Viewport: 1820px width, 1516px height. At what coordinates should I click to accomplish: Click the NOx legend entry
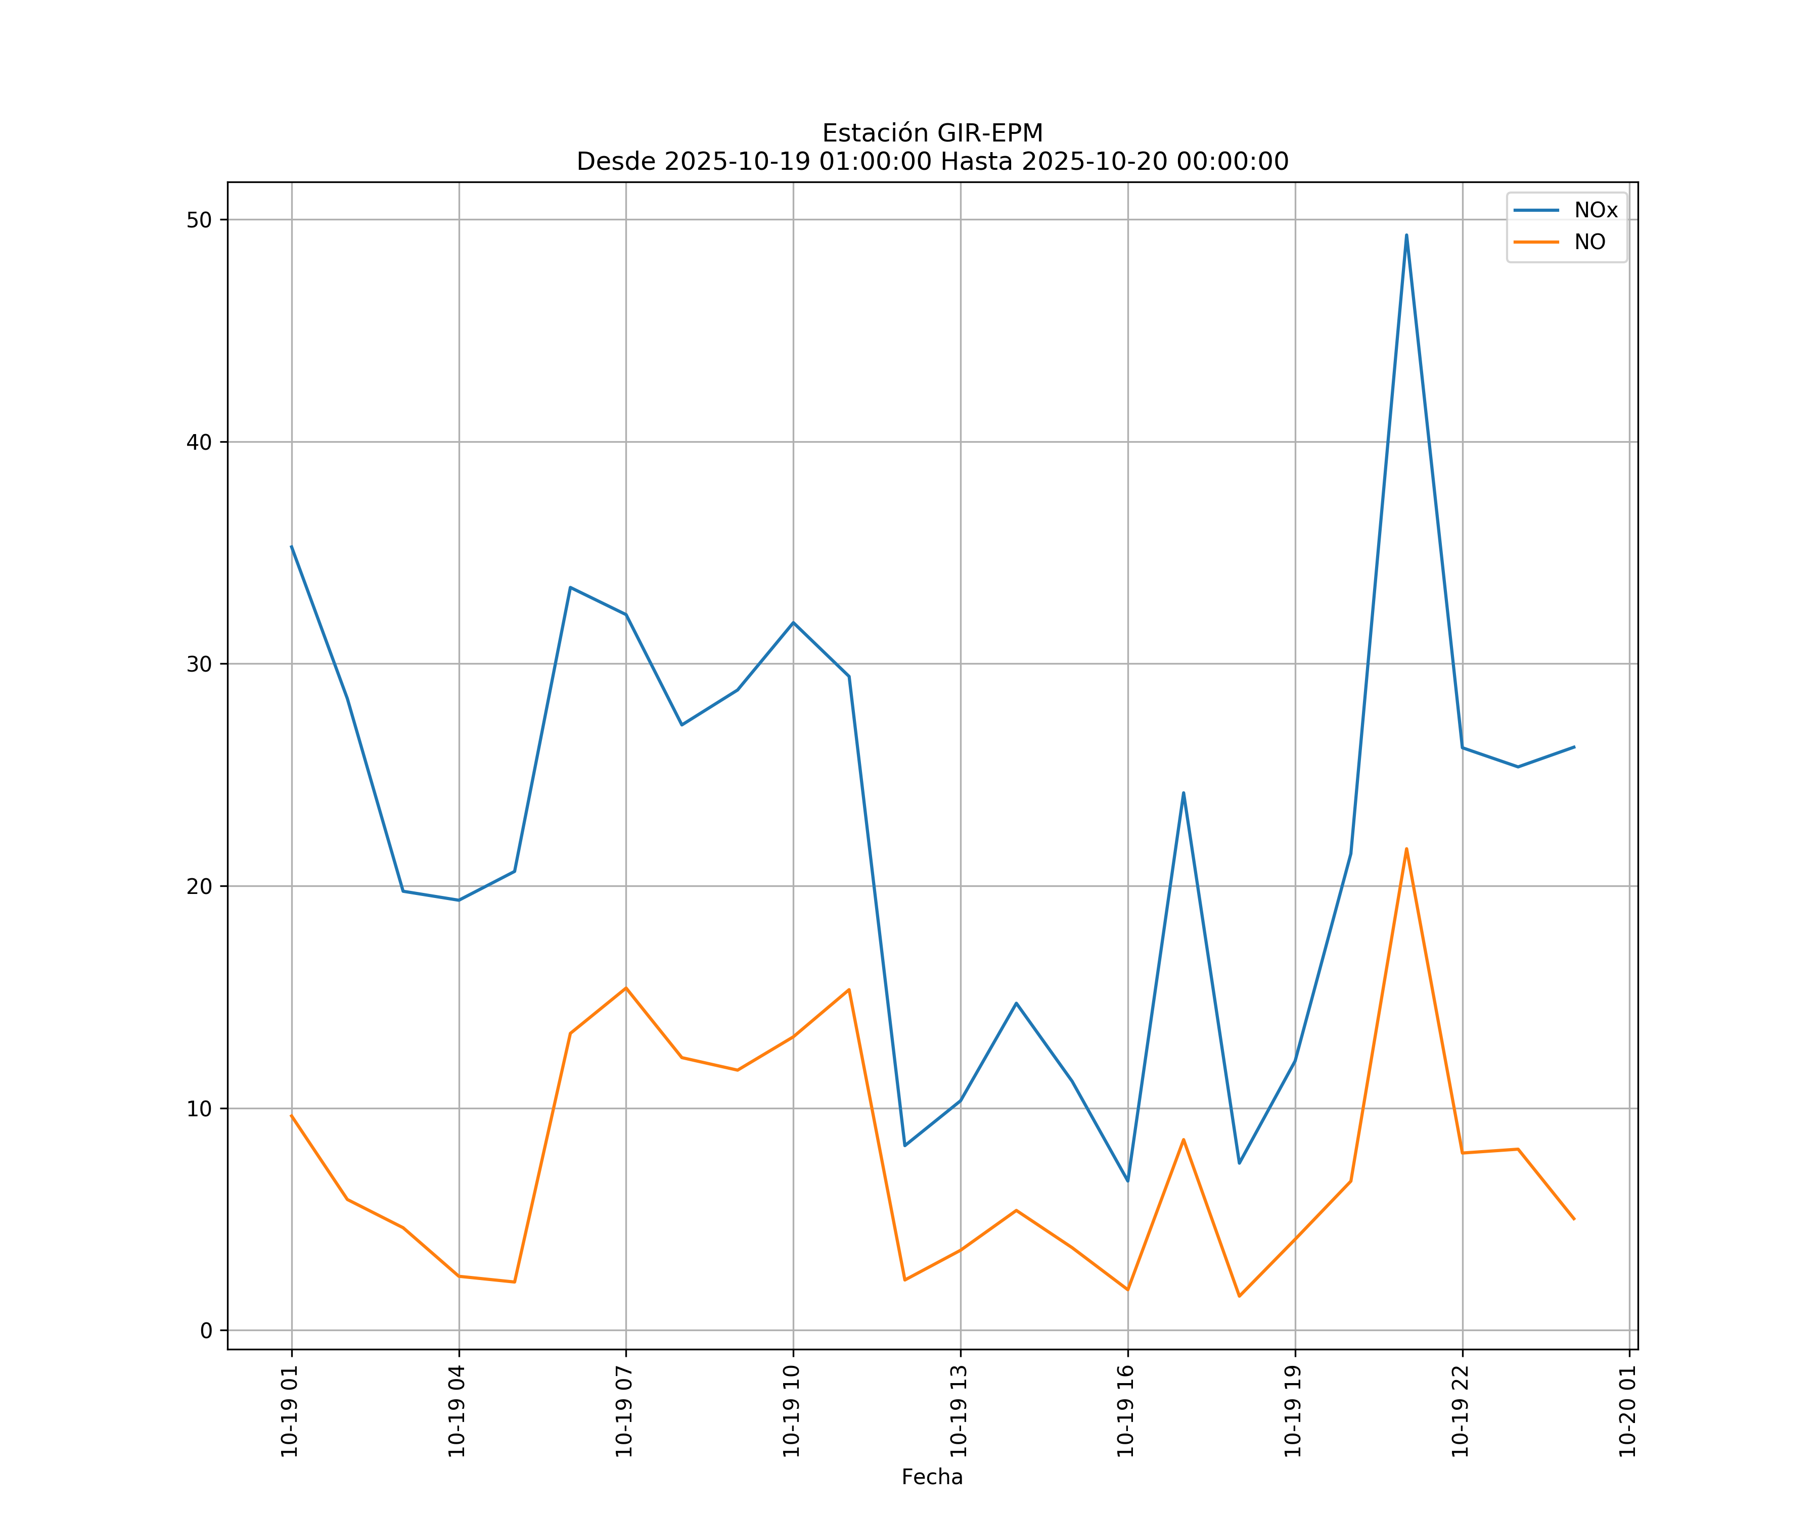[x=1595, y=211]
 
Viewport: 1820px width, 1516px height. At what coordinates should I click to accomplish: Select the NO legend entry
[x=1589, y=243]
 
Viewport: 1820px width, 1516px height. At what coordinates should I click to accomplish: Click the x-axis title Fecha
[x=932, y=1477]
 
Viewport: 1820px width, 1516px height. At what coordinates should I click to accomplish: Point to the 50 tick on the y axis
[x=199, y=220]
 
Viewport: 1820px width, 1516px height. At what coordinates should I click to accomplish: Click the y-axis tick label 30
[x=199, y=665]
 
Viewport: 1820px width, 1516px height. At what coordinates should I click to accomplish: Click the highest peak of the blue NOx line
[x=1406, y=235]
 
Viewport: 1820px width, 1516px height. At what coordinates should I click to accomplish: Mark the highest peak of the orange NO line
[x=1406, y=849]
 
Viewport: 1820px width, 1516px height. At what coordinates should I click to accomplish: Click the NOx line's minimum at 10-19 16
[x=1127, y=1181]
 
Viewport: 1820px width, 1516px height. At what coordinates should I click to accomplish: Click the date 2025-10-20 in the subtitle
[x=1093, y=162]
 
